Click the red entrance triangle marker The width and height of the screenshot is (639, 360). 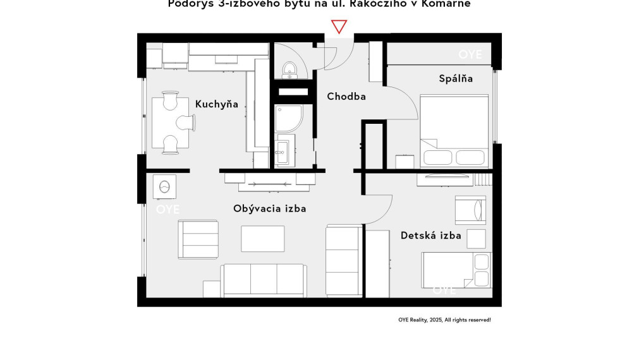coord(339,27)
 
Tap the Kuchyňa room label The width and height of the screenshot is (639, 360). coord(216,104)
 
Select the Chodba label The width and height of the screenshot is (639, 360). coord(346,97)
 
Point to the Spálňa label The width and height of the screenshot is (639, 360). coord(456,78)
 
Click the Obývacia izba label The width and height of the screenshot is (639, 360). coord(269,208)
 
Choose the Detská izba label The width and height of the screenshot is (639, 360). coord(430,236)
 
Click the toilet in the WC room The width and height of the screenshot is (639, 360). coord(289,69)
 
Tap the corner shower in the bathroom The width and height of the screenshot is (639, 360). coord(288,119)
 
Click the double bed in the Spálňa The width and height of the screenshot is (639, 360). coord(454,131)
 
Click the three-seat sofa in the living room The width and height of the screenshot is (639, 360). coord(264,280)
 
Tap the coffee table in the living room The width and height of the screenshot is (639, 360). coord(262,238)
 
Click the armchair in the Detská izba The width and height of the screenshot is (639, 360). coord(470,209)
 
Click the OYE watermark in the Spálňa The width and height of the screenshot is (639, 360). coord(470,55)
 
